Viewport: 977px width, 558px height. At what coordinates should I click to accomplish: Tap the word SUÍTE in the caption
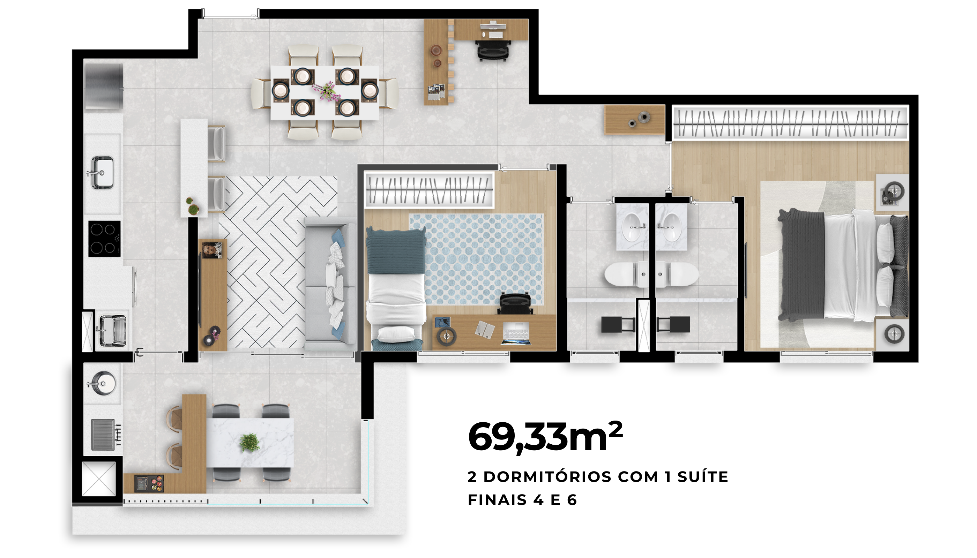(x=702, y=477)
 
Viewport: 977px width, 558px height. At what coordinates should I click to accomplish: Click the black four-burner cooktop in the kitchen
(x=104, y=239)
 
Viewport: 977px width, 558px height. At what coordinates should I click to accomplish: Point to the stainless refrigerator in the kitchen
(x=104, y=86)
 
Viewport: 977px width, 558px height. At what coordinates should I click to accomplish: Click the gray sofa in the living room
(x=330, y=284)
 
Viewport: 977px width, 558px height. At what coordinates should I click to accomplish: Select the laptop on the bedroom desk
(x=516, y=333)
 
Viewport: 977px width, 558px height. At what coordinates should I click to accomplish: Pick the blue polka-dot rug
(x=477, y=259)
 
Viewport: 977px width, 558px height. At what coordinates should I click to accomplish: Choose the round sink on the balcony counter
(x=102, y=383)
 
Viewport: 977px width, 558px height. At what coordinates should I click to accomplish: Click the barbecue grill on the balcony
(x=106, y=435)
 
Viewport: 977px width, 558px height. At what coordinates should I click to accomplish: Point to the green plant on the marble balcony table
(x=249, y=443)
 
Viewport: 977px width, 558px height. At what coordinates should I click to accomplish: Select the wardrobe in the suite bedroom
(x=791, y=123)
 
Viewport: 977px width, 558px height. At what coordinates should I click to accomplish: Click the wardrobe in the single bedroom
(x=429, y=190)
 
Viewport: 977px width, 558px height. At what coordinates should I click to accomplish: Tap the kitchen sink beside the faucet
(x=102, y=173)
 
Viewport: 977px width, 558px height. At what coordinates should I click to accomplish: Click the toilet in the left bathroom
(x=626, y=274)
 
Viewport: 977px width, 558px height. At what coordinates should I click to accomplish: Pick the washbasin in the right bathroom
(x=671, y=227)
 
